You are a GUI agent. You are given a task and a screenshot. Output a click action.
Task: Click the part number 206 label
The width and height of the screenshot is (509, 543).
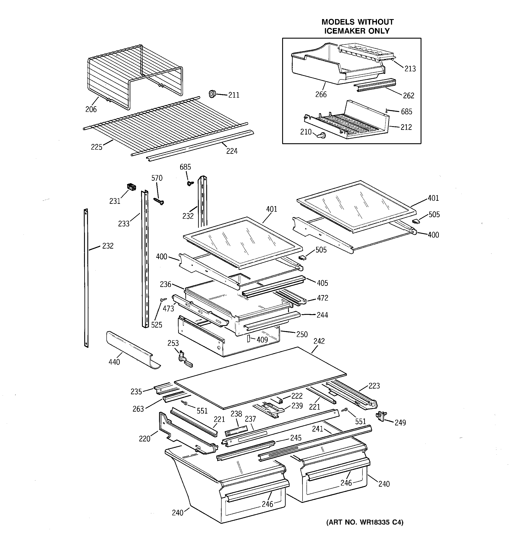[x=91, y=109]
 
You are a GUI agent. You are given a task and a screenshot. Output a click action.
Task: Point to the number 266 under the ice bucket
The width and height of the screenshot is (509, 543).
[x=321, y=95]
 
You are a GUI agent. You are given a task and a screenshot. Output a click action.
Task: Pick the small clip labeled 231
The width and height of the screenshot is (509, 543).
[x=131, y=187]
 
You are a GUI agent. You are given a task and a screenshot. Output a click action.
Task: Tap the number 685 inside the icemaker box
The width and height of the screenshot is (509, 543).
[x=406, y=111]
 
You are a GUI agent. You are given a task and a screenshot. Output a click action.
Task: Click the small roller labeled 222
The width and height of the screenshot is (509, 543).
[x=280, y=400]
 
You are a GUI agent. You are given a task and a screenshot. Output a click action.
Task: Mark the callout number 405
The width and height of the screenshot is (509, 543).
[x=322, y=283]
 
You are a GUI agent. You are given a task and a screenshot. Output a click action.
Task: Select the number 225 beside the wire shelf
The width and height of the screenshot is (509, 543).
[x=97, y=147]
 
